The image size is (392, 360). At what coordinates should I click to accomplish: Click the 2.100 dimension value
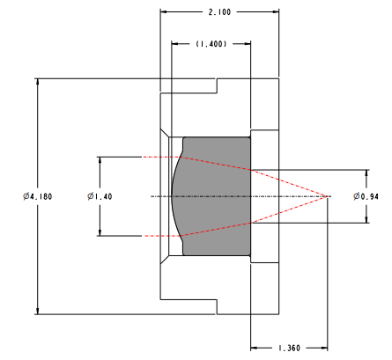click(219, 12)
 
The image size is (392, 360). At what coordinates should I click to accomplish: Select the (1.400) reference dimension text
click(211, 44)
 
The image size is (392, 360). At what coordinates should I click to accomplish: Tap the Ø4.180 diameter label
click(38, 196)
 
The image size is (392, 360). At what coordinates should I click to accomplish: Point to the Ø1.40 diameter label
click(100, 196)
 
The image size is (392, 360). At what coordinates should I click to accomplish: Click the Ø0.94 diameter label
click(366, 196)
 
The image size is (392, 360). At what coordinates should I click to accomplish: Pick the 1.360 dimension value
click(289, 349)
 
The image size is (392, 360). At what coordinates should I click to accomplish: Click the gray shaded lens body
click(217, 196)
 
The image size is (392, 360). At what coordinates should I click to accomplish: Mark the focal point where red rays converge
click(327, 196)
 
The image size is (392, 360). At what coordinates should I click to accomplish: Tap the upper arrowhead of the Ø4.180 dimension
click(37, 82)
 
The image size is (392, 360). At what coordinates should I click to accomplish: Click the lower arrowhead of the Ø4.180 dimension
click(37, 311)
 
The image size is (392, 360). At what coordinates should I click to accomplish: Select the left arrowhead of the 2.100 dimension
click(164, 12)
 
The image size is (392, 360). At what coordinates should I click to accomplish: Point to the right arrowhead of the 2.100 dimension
click(275, 12)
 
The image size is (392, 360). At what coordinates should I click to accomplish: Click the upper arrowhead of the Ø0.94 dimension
click(366, 173)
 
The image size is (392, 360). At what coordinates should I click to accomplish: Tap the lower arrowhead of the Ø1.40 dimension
click(100, 232)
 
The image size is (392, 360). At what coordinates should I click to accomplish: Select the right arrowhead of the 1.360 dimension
click(323, 349)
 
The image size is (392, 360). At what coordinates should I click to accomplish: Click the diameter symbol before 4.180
click(26, 196)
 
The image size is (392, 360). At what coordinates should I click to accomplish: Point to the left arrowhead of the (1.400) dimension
click(175, 44)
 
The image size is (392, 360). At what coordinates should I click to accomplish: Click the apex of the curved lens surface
click(172, 196)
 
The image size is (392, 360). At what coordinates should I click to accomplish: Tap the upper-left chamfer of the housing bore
click(165, 133)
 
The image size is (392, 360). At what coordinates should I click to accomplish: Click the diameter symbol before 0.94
click(357, 196)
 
